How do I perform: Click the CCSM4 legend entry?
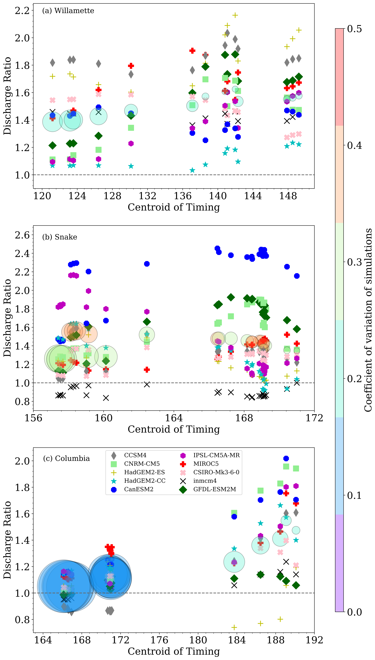[x=135, y=455]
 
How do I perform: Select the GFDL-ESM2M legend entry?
[x=214, y=489]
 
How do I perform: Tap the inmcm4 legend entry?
[x=205, y=481]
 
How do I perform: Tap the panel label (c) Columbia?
[x=66, y=458]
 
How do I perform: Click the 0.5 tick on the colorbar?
[x=354, y=29]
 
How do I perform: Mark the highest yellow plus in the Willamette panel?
[x=235, y=15]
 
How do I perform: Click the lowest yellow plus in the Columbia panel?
[x=234, y=627]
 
